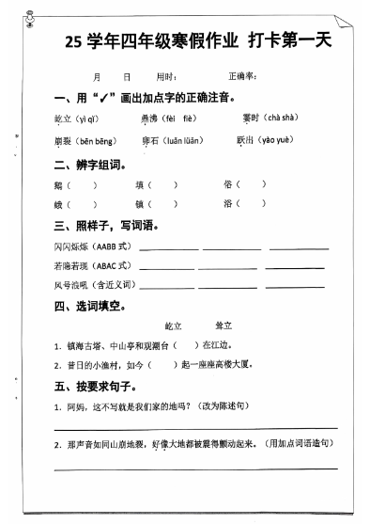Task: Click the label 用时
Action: [165, 76]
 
